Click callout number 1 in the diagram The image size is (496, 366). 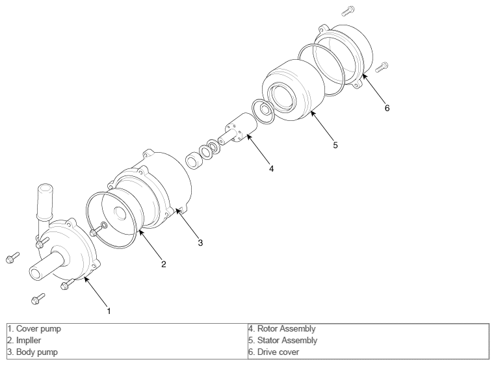click(109, 311)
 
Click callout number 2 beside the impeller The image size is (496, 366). click(164, 264)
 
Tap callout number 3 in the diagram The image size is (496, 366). click(200, 242)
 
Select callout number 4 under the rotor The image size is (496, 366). click(272, 168)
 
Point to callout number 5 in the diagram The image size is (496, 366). click(335, 145)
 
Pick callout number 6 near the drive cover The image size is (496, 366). click(387, 108)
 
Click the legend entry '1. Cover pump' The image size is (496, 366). click(34, 329)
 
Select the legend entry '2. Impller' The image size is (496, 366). click(24, 341)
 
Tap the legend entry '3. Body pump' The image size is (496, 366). click(33, 352)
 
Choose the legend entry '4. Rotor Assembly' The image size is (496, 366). click(282, 329)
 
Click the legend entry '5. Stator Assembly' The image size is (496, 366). click(283, 341)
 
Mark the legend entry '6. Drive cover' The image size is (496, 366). click(274, 352)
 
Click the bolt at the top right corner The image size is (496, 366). click(348, 11)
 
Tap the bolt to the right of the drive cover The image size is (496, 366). click(382, 68)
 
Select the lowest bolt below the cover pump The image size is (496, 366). click(38, 298)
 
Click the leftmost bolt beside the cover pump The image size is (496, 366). click(12, 257)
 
